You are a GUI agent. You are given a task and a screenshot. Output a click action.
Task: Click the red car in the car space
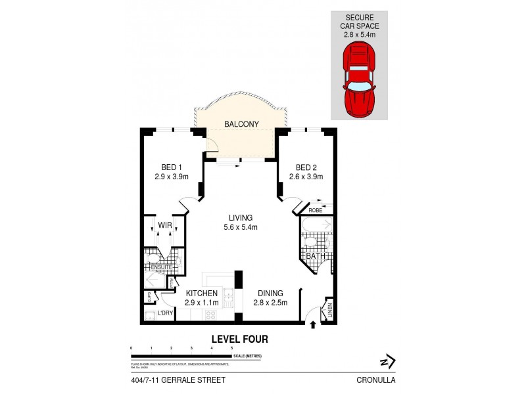pos(358,77)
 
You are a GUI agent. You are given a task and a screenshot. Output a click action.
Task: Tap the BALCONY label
pos(241,123)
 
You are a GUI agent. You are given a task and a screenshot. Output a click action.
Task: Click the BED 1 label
pos(172,167)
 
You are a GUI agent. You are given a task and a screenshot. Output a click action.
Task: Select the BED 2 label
pos(306,167)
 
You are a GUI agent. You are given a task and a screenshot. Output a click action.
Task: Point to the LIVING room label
pos(241,218)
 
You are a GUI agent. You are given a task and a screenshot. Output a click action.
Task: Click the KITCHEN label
pos(202,294)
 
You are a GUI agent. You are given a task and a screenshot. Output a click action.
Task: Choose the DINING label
pos(270,294)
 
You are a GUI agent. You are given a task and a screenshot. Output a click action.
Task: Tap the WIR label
pos(164,226)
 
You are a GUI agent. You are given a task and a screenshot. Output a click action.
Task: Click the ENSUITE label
pos(160,267)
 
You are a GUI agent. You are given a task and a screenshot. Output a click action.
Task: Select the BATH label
pos(314,256)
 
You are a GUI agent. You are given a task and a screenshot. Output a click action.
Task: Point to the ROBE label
pos(315,210)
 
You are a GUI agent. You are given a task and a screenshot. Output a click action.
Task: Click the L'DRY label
pos(164,314)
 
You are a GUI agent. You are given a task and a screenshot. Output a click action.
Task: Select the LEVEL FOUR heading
pos(239,339)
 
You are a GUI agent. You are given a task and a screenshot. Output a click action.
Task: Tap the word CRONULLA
pos(377,380)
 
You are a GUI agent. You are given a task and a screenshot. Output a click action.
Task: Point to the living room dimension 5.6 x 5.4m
pos(241,228)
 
